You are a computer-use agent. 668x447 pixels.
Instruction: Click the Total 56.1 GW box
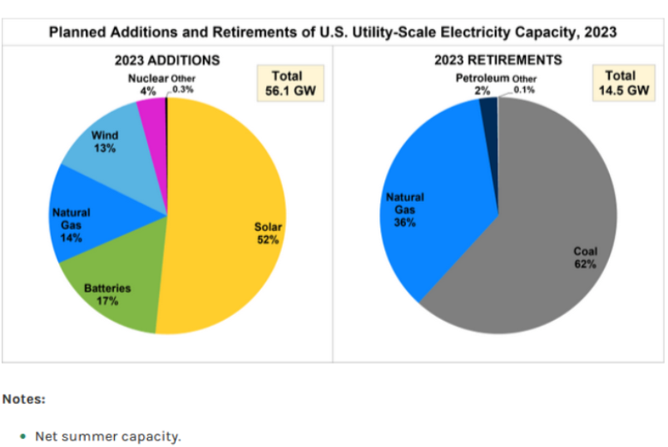tap(291, 82)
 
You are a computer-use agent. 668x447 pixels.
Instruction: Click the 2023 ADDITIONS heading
tap(167, 60)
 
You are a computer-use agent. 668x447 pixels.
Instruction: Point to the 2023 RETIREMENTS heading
tap(498, 60)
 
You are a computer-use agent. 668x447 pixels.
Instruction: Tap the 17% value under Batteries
tap(107, 302)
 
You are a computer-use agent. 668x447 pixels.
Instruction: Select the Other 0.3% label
tap(183, 83)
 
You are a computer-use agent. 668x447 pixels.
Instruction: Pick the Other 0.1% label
tap(525, 83)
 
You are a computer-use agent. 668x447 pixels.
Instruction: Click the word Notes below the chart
tap(23, 399)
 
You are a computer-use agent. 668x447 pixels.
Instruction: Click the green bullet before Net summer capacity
tap(22, 435)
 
